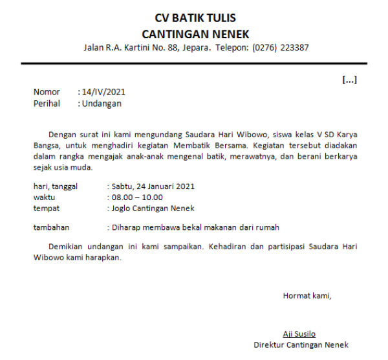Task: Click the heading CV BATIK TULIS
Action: pyautogui.click(x=195, y=17)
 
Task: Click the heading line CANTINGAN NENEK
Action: pyautogui.click(x=195, y=34)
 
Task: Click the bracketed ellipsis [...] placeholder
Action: pyautogui.click(x=349, y=80)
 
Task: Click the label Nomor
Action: pyautogui.click(x=47, y=93)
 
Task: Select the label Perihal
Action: pyautogui.click(x=47, y=104)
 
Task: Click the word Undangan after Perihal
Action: pyautogui.click(x=102, y=104)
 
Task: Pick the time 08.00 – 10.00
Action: pyautogui.click(x=136, y=197)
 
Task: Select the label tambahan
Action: pyautogui.click(x=51, y=227)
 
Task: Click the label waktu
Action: pyautogui.click(x=44, y=197)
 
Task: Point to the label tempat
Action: pyautogui.click(x=46, y=208)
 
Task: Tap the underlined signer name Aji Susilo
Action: pyautogui.click(x=299, y=334)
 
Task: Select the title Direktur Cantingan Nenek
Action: pyautogui.click(x=301, y=345)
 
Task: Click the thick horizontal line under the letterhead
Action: pyautogui.click(x=194, y=63)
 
